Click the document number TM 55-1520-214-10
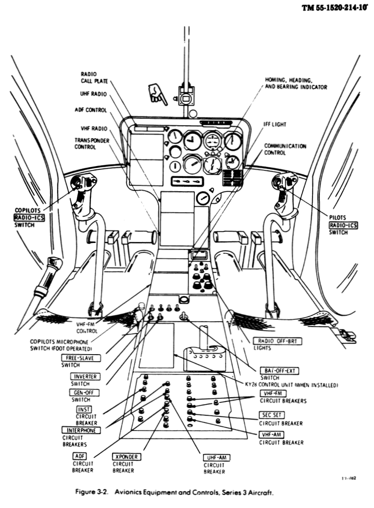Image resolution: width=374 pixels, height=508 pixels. click(335, 8)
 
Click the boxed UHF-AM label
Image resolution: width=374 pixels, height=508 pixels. click(217, 458)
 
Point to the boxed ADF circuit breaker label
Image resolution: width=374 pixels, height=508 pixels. click(80, 456)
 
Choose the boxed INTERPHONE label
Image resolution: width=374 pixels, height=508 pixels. click(82, 430)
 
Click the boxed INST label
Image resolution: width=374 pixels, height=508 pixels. click(84, 409)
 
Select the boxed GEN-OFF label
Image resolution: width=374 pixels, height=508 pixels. click(84, 393)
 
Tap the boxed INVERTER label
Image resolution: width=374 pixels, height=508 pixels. click(85, 377)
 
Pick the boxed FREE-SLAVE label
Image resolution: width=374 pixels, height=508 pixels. click(77, 358)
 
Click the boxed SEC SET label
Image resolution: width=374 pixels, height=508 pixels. click(272, 415)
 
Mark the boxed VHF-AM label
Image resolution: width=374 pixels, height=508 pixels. click(272, 435)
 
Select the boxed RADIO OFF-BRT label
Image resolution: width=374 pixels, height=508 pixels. click(277, 341)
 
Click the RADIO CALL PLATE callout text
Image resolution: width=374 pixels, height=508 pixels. click(94, 78)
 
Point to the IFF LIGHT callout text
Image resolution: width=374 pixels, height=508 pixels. click(275, 125)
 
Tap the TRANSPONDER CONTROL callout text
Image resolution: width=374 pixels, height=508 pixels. click(91, 144)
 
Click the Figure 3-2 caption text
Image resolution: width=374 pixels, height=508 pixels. click(174, 492)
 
